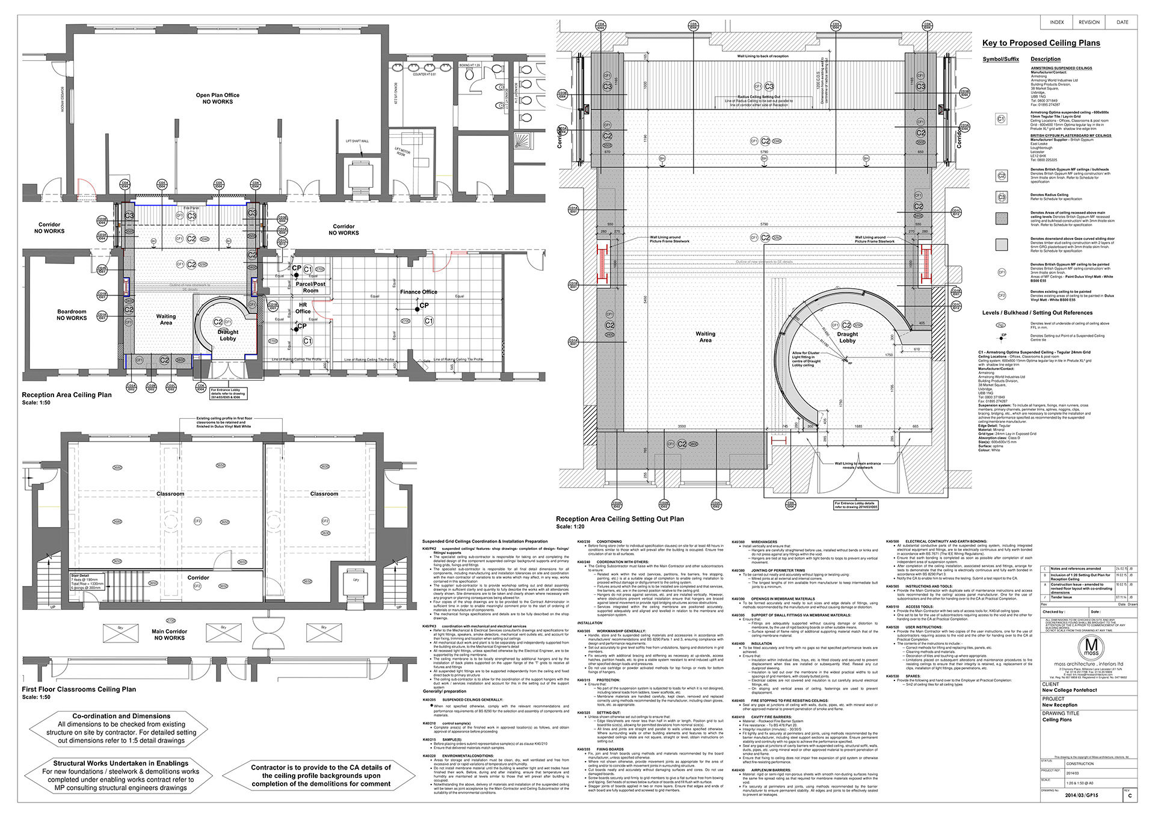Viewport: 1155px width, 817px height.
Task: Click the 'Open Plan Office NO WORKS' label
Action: [x=217, y=98]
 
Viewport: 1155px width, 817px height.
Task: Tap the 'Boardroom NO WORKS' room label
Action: [x=72, y=315]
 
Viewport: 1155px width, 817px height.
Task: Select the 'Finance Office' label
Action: [x=419, y=292]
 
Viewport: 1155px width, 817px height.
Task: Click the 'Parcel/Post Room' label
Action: [x=310, y=287]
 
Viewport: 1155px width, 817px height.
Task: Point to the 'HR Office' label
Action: [x=303, y=308]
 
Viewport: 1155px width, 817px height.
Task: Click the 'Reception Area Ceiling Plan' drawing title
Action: [x=67, y=395]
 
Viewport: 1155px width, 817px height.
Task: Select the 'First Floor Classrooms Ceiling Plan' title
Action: [x=79, y=689]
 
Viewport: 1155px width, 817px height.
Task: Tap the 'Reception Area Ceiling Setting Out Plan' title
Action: [x=620, y=519]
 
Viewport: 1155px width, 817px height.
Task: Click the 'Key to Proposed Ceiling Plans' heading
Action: [x=1041, y=43]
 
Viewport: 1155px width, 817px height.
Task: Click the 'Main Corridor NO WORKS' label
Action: [x=169, y=635]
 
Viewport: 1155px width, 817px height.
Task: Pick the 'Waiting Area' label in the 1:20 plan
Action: [x=705, y=337]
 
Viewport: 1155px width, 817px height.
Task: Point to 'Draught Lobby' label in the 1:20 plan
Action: [x=847, y=338]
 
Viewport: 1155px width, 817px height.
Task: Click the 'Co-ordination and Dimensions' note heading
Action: [x=122, y=716]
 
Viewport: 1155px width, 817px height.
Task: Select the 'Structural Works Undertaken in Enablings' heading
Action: [x=121, y=763]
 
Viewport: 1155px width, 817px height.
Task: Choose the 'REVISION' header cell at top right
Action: [x=1089, y=22]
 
